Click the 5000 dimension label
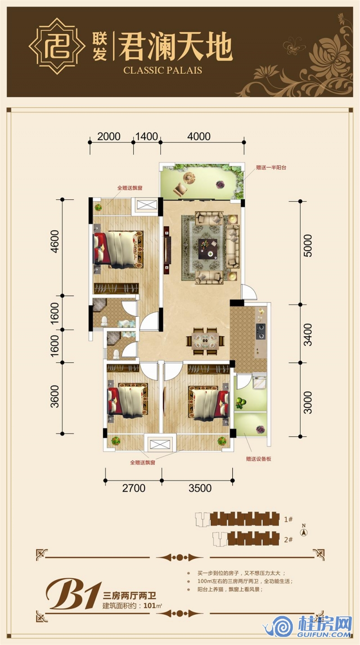(x=307, y=245)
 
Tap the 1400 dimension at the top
(x=146, y=136)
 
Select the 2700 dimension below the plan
(x=134, y=488)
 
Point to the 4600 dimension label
(x=54, y=241)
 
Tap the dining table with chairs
(x=205, y=341)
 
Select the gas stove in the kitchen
(x=261, y=331)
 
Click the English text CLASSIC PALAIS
(x=162, y=70)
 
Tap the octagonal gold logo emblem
(x=57, y=46)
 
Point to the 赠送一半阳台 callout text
(x=271, y=167)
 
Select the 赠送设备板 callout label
(x=258, y=459)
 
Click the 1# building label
(x=288, y=519)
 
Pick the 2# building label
(x=288, y=540)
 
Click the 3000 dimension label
(x=307, y=402)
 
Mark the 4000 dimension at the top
(x=199, y=136)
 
